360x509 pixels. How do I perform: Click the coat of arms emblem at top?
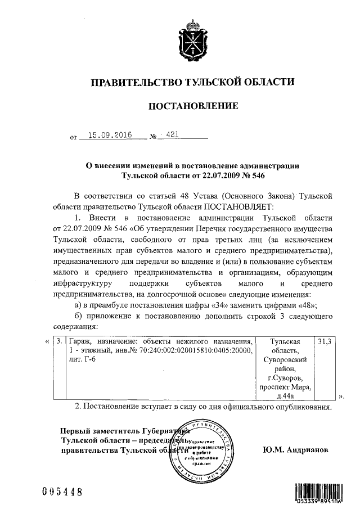point(192,40)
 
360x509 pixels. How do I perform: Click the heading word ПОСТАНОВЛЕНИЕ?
point(192,106)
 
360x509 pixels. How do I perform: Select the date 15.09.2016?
point(105,136)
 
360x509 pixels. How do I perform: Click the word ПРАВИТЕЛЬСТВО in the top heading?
point(133,82)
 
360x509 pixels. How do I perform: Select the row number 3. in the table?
point(59,341)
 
